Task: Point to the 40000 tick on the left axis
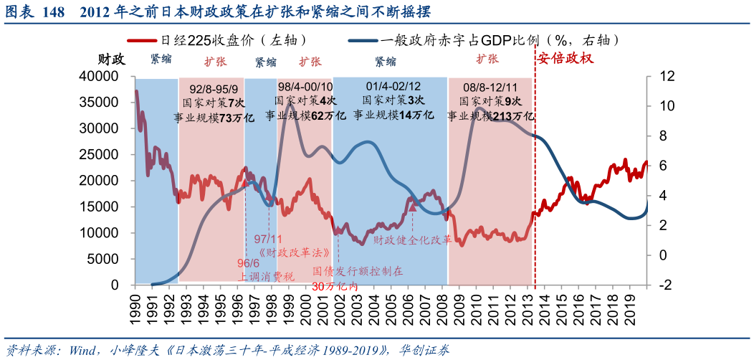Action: click(x=105, y=76)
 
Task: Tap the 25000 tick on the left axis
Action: click(x=105, y=154)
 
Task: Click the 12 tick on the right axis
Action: click(x=667, y=76)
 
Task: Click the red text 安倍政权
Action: click(x=565, y=59)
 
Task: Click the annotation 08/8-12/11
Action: click(x=490, y=88)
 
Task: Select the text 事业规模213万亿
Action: click(x=490, y=116)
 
